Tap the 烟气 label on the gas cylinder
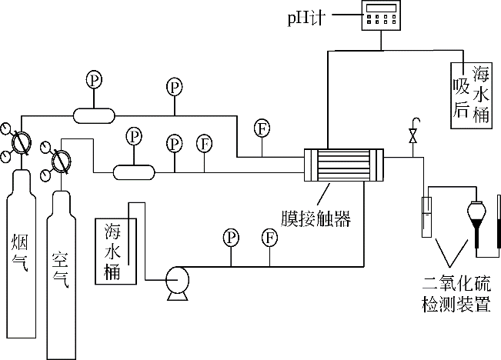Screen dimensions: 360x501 point(21,253)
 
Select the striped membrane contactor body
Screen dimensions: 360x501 point(344,165)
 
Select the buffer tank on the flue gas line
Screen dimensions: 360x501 point(93,115)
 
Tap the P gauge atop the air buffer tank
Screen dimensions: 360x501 point(135,136)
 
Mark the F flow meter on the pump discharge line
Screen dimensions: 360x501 point(269,236)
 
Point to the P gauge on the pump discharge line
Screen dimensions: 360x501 point(229,236)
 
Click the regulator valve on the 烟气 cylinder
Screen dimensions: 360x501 point(22,142)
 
